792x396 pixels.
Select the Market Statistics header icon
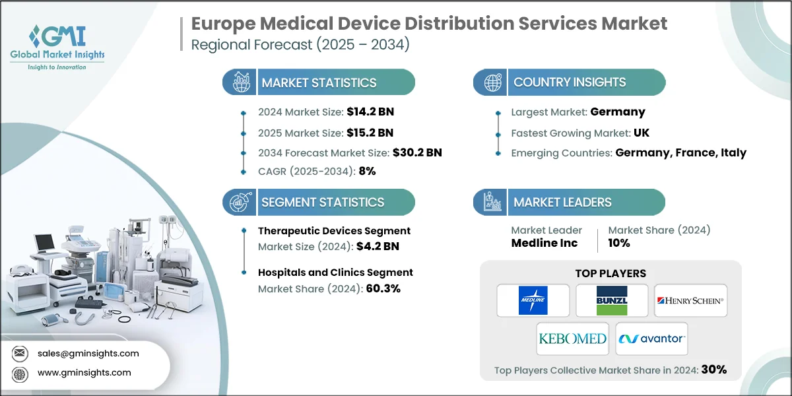point(240,82)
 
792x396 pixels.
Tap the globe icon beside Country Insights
point(492,82)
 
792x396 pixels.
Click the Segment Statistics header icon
point(240,202)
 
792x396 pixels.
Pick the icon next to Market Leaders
point(492,202)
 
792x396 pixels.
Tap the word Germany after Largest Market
point(618,112)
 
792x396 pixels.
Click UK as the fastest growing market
point(641,133)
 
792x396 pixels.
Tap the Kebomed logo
point(572,339)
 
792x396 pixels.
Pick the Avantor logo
point(651,339)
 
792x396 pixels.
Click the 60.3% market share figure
point(382,288)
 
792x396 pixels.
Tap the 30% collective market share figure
point(714,370)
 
